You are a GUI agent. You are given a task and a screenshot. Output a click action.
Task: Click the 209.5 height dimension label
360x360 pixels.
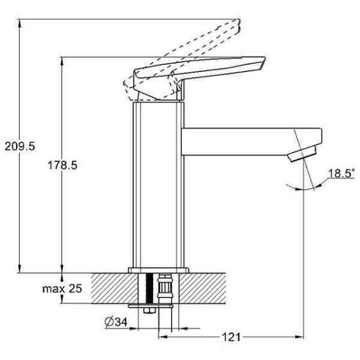click(20, 147)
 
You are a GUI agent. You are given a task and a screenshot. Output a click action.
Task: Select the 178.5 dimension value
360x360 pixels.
click(62, 165)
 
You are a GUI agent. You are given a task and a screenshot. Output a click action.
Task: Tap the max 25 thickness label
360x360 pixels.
click(62, 289)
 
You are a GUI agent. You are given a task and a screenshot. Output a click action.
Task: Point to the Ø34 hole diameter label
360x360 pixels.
click(116, 322)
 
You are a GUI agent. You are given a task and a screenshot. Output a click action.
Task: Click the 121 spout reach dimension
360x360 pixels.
click(231, 337)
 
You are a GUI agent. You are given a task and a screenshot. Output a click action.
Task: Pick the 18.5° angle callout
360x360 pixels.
click(341, 174)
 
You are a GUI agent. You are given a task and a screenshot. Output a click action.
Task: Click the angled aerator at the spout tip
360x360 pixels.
click(303, 153)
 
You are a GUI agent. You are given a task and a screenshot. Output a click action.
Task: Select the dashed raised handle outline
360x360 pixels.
click(181, 60)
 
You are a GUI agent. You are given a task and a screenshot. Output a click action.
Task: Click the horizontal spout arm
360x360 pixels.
click(251, 141)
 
